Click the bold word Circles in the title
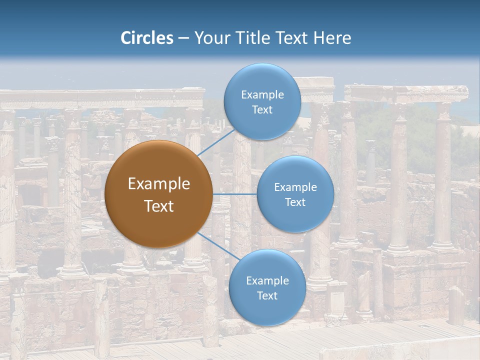point(147,38)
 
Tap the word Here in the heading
point(332,38)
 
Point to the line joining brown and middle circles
point(235,194)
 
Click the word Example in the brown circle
point(159,184)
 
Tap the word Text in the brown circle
point(159,206)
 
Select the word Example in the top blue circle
point(262,95)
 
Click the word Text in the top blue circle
point(262,110)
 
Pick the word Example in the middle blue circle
point(295,187)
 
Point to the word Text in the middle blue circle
point(295,202)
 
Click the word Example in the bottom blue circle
point(267,281)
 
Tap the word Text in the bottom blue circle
point(267,296)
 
